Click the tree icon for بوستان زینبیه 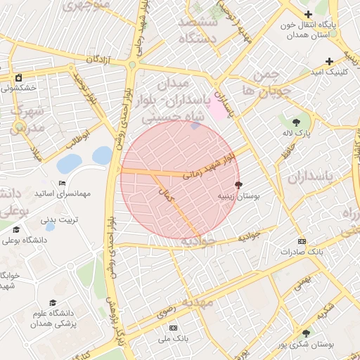(239, 186)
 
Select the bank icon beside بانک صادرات (302, 241)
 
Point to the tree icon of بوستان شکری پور (305, 333)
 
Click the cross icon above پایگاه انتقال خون (307, 14)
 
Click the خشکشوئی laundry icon (18, 77)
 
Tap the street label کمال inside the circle (167, 197)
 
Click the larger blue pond (69, 164)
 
